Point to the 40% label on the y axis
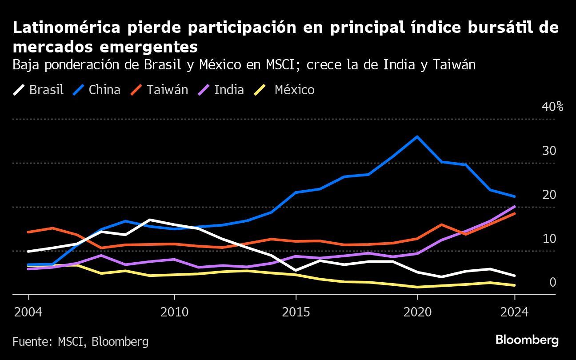pos(552,107)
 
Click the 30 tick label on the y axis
pos(549,151)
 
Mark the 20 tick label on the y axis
pos(549,195)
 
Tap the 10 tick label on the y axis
pos(549,239)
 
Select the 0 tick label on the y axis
pos(552,283)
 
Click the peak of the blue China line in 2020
pos(417,136)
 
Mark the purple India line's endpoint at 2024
pos(514,207)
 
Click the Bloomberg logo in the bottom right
pos(527,340)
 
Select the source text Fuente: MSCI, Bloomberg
pos(80,341)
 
